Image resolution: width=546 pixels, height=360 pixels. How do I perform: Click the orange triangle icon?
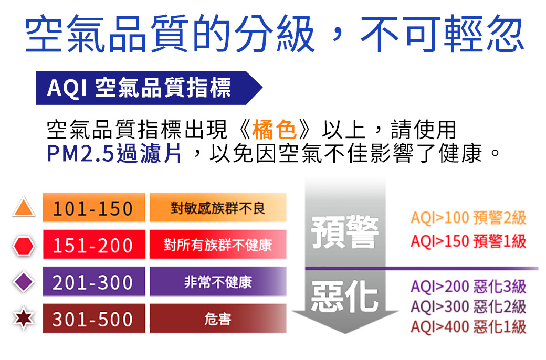(x=24, y=208)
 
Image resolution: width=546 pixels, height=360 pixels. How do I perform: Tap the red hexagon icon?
(x=24, y=246)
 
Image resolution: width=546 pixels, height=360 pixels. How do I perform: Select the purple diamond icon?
(x=24, y=282)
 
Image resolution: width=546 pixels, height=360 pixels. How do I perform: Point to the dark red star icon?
(x=24, y=318)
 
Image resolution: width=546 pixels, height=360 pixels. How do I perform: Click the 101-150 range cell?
(x=94, y=207)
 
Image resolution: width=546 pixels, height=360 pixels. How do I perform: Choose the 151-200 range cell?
(x=94, y=245)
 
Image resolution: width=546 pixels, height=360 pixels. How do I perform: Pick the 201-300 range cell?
(x=94, y=281)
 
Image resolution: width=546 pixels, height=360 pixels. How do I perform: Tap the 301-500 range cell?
(x=94, y=319)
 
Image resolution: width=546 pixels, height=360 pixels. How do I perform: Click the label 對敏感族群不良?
(x=218, y=208)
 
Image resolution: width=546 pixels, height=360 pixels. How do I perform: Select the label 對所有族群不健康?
(x=218, y=245)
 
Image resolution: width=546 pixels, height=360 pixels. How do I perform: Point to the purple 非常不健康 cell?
(x=218, y=281)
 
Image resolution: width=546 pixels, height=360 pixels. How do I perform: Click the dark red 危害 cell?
(x=218, y=319)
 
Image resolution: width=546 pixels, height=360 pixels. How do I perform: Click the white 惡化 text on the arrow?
(x=345, y=296)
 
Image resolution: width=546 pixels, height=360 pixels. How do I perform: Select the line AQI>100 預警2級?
(x=468, y=218)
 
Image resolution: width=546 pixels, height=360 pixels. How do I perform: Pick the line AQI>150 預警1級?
(x=468, y=241)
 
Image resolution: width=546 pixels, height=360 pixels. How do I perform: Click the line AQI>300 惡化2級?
(x=468, y=306)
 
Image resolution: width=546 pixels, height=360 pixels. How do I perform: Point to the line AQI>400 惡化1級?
(x=468, y=327)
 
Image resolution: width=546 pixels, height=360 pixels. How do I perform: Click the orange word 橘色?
(x=274, y=130)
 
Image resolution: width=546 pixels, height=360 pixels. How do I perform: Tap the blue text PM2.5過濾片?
(x=114, y=153)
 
